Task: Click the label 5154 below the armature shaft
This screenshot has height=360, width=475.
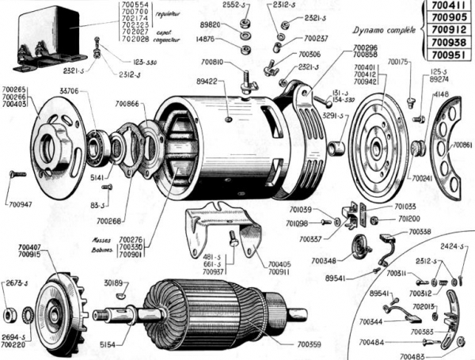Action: coord(117,345)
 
